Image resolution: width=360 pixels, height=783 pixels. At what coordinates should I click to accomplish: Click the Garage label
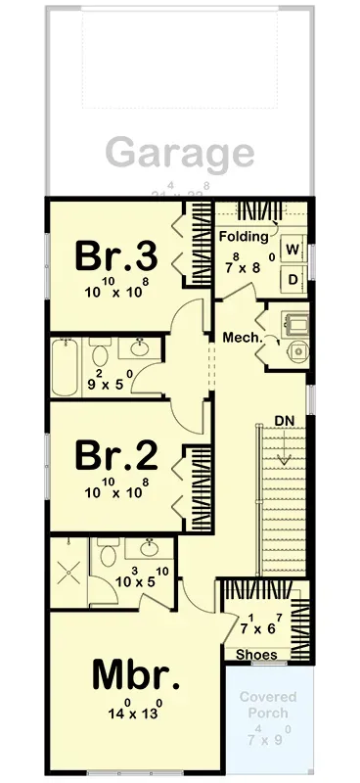179,153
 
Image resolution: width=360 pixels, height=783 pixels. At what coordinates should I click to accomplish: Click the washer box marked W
292,249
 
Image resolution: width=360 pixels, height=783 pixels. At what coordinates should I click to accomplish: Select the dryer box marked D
292,278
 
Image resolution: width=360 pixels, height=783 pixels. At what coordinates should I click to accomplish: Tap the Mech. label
242,338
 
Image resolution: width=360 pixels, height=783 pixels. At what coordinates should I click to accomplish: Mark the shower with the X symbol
68,574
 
